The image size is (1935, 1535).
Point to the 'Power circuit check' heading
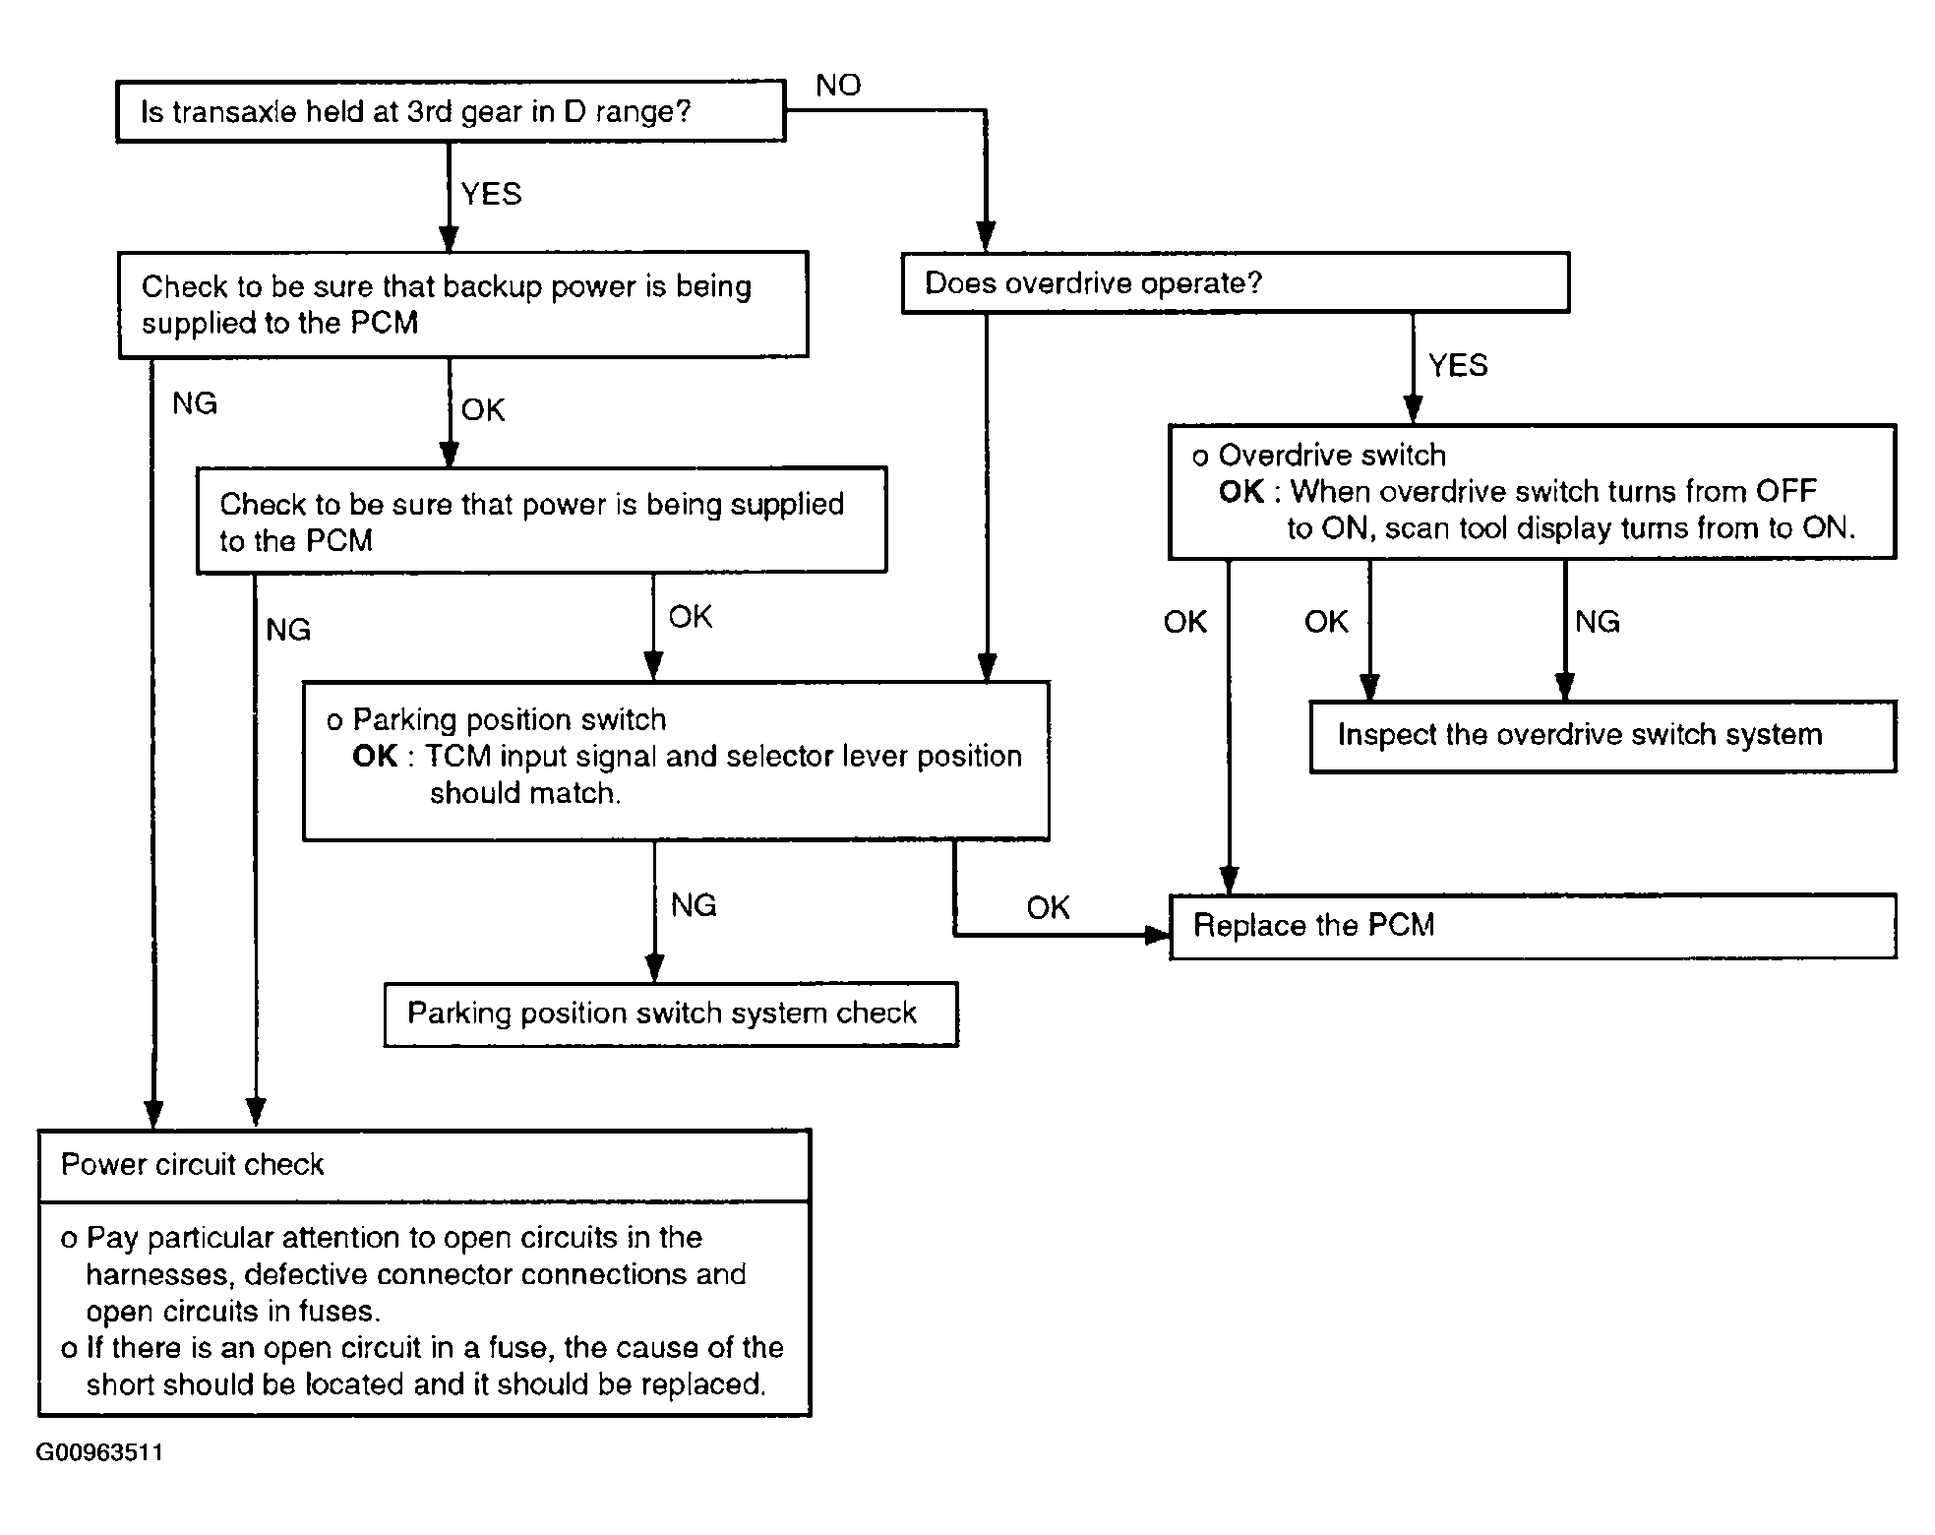pyautogui.click(x=193, y=1165)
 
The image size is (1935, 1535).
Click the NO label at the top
pyautogui.click(x=838, y=86)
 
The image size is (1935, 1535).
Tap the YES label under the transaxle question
pyautogui.click(x=491, y=194)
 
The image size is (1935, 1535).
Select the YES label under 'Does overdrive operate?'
pyautogui.click(x=1458, y=366)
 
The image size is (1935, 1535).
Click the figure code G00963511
pyautogui.click(x=100, y=1452)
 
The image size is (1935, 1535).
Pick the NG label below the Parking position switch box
pyautogui.click(x=694, y=905)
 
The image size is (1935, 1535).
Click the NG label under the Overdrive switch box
pyautogui.click(x=1598, y=622)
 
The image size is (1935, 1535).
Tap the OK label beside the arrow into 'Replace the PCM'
pyautogui.click(x=1048, y=907)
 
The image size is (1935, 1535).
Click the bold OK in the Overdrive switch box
pyautogui.click(x=1241, y=491)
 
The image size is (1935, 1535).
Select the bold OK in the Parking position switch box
pyautogui.click(x=375, y=756)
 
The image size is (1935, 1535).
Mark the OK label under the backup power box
pyautogui.click(x=483, y=409)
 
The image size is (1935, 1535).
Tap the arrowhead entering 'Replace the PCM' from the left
pyautogui.click(x=1159, y=934)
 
